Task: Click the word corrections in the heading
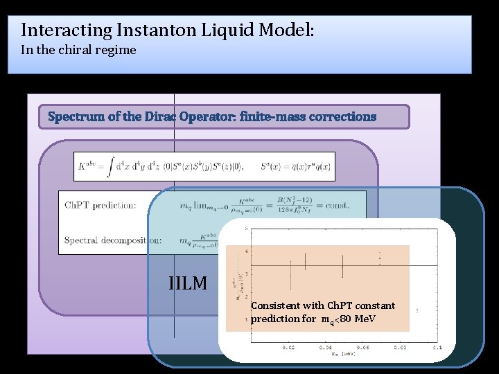click(x=341, y=116)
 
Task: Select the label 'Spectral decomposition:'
click(x=113, y=240)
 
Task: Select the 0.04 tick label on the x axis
click(x=324, y=347)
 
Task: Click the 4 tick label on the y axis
click(x=247, y=251)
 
